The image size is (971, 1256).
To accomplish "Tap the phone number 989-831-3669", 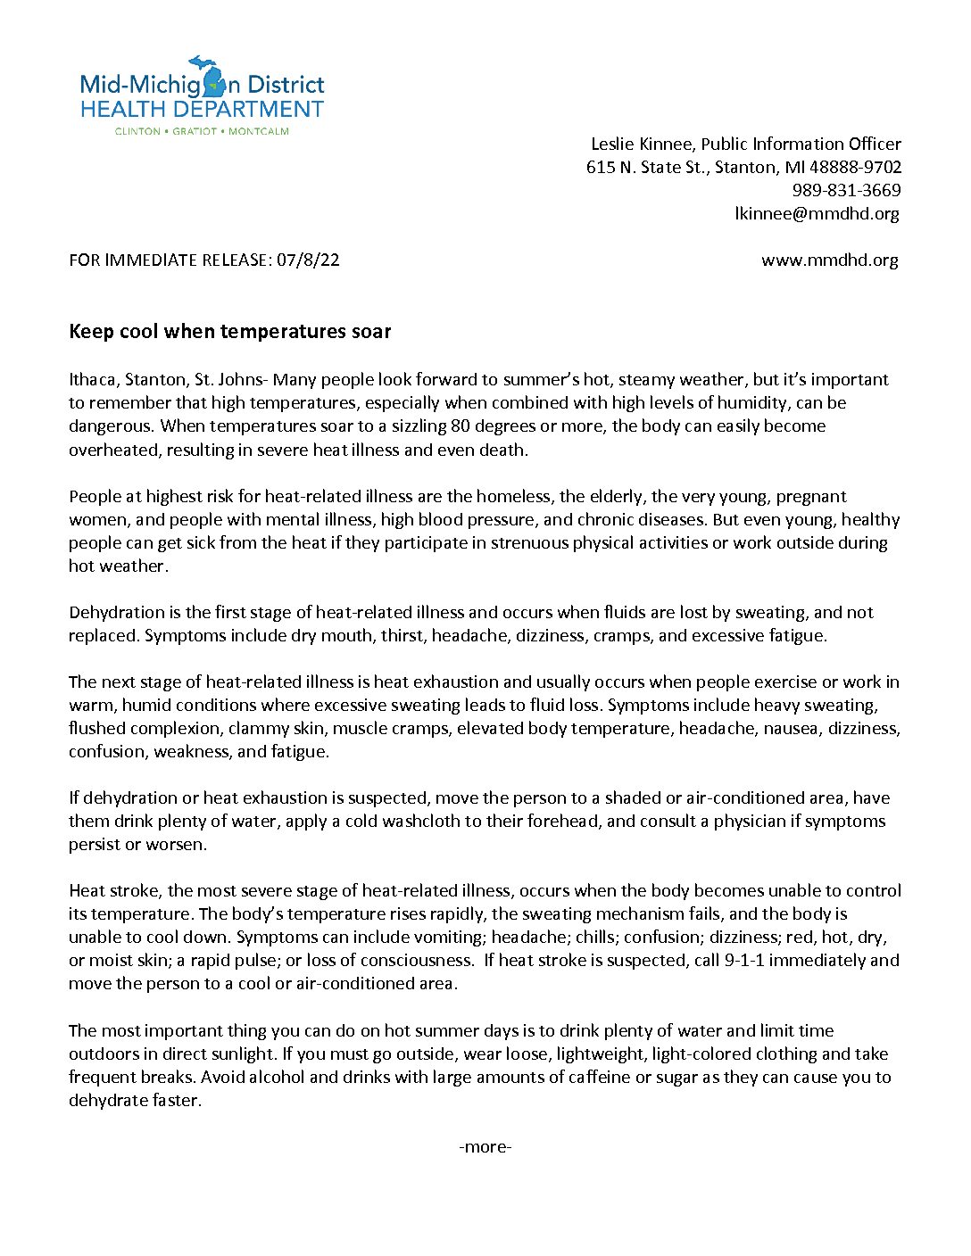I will tap(846, 190).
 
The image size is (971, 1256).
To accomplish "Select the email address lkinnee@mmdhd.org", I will tap(817, 213).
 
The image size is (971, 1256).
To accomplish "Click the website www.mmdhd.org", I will tap(829, 260).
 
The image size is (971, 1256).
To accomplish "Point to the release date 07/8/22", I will tap(308, 260).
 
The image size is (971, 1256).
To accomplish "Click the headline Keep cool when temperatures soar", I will tap(230, 332).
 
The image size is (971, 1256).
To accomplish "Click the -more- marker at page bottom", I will tap(485, 1146).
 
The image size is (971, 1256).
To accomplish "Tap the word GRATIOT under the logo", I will tap(195, 131).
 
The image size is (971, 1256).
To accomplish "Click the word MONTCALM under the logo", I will tap(259, 131).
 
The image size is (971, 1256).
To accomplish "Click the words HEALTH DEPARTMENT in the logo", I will tap(202, 110).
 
